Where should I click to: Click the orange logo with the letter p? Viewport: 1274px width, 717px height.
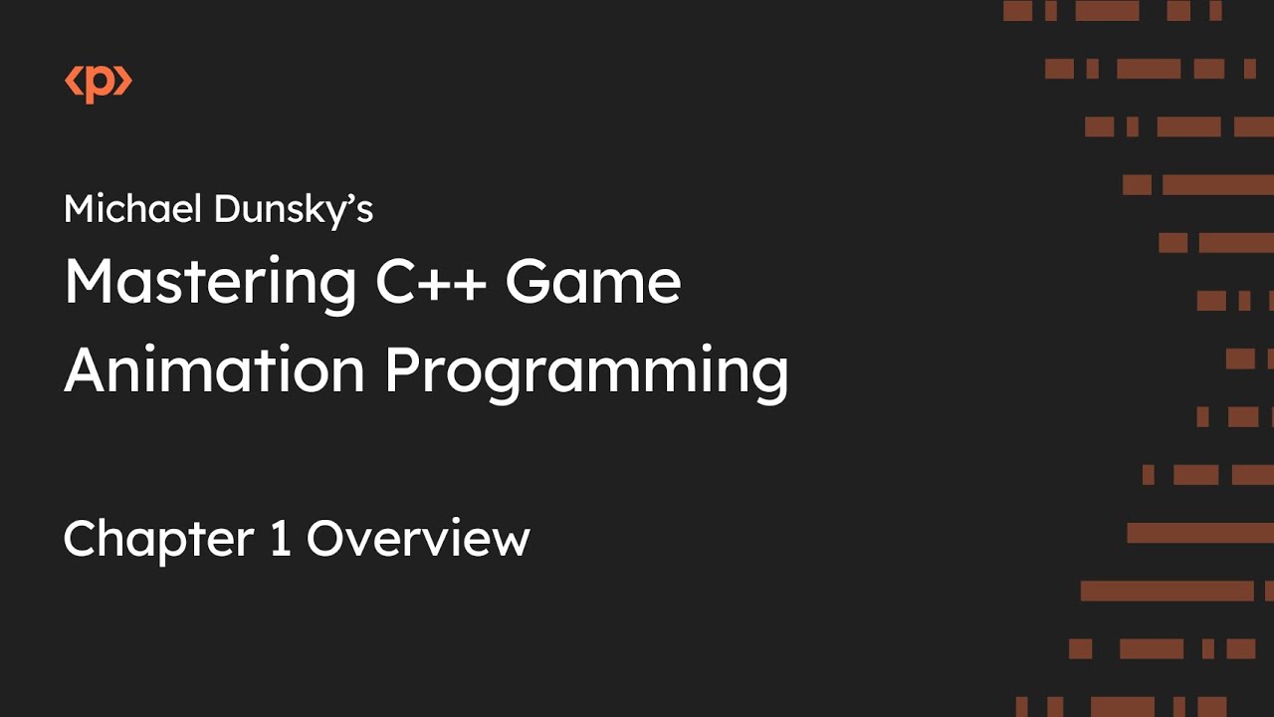[x=99, y=84]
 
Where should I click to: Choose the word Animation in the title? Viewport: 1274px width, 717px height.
[x=214, y=370]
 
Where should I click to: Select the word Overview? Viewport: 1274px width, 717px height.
[x=418, y=539]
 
